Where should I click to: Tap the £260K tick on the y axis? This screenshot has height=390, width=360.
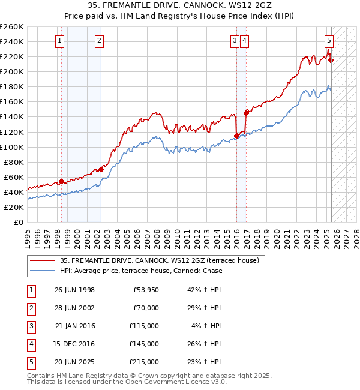pos(11,27)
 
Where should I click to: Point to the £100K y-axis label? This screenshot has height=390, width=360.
pos(11,147)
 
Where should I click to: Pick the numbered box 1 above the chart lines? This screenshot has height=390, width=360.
pos(61,41)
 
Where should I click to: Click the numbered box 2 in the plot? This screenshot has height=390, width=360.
pos(99,41)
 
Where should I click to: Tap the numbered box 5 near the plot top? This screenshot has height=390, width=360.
pos(329,41)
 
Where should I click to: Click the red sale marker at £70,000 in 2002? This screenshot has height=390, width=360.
pos(101,169)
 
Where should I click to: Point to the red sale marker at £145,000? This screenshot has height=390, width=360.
pos(246,112)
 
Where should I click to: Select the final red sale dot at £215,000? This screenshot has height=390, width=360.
pos(331,60)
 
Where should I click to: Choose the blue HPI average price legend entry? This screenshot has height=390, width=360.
pos(141,271)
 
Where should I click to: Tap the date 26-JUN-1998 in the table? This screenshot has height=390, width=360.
pos(74,290)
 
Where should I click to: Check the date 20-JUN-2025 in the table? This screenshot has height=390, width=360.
pos(74,362)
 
